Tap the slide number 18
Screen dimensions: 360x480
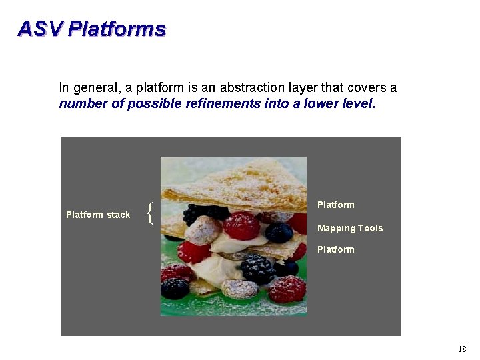tap(462, 349)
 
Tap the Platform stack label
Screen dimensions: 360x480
tap(98, 215)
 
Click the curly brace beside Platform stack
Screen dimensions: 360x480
tap(151, 213)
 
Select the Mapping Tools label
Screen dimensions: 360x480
tap(349, 228)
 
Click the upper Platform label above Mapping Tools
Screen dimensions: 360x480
tap(335, 205)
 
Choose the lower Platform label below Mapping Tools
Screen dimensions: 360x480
tap(335, 249)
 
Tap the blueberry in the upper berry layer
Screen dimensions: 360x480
tap(279, 232)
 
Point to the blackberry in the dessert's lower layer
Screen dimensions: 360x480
tap(257, 269)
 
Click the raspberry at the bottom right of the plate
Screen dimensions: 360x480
tap(287, 289)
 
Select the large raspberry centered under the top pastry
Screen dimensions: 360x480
tap(241, 226)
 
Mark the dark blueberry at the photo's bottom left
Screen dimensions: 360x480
tap(175, 288)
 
